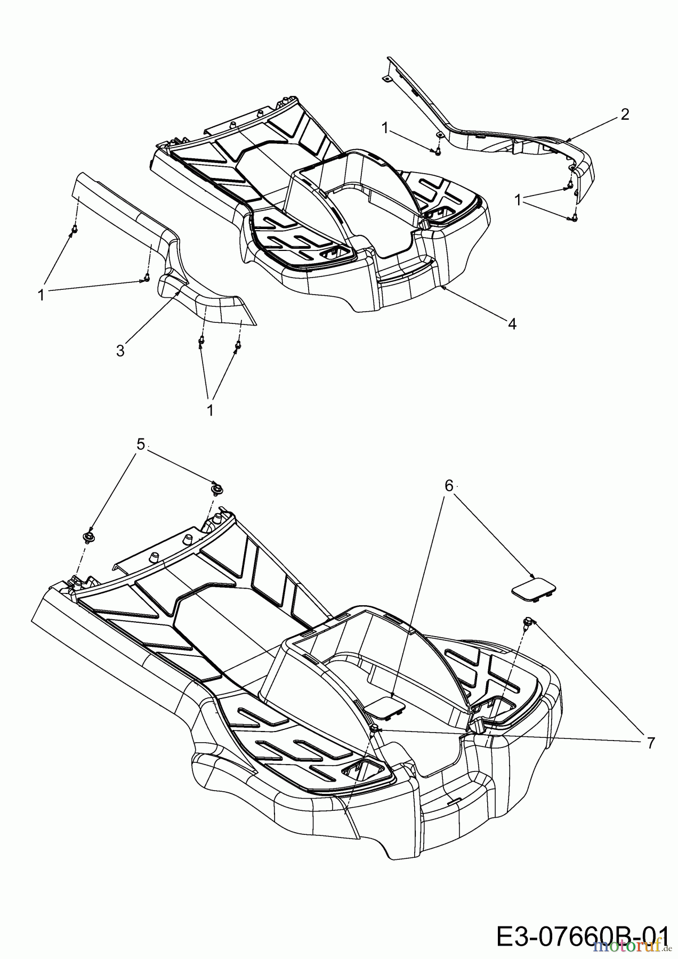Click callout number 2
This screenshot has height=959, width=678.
[624, 114]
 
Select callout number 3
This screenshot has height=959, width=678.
[120, 351]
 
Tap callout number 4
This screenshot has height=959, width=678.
[512, 323]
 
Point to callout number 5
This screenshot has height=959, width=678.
[141, 444]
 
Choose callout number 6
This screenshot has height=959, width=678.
[449, 485]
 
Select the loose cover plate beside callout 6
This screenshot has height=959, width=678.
[534, 592]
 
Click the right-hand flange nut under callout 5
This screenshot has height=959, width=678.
[217, 487]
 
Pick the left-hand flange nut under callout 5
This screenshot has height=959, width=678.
[88, 535]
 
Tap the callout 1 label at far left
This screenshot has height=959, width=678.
[41, 294]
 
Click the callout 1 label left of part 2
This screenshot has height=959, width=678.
[385, 127]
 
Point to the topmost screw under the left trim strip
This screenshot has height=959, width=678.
[74, 229]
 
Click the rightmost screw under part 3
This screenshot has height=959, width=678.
[236, 347]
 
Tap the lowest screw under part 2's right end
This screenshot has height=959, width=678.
[574, 217]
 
